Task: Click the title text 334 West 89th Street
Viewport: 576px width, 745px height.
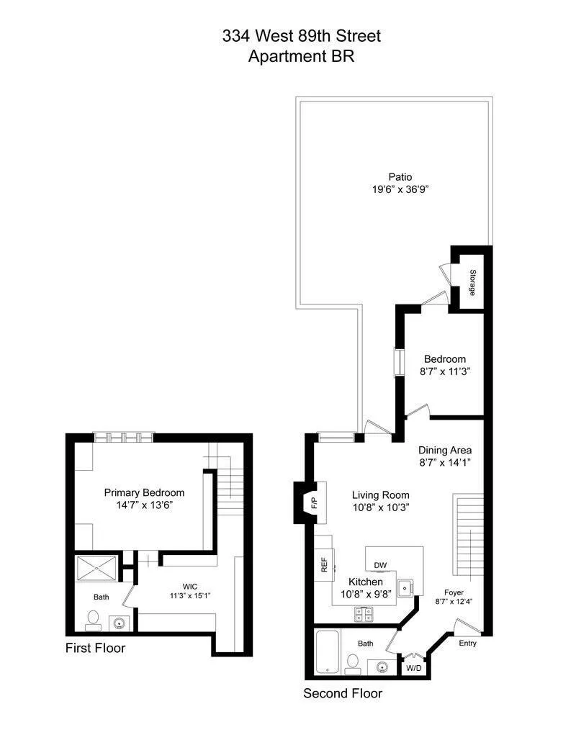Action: point(301,36)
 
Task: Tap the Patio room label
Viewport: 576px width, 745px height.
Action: point(400,176)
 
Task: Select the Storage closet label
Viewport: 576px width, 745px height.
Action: point(473,283)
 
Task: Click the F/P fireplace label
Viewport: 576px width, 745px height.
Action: point(314,502)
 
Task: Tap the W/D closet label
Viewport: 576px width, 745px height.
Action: point(414,667)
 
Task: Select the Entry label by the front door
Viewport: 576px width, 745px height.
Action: point(467,643)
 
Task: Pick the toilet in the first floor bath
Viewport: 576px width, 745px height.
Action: point(93,618)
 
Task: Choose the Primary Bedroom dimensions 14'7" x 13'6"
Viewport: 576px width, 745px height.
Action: point(144,505)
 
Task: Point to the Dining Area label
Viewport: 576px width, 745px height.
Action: point(445,451)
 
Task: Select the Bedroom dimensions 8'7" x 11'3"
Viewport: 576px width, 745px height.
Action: point(444,371)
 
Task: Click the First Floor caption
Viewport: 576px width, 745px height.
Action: point(95,648)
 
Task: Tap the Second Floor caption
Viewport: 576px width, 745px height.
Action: point(342,694)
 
